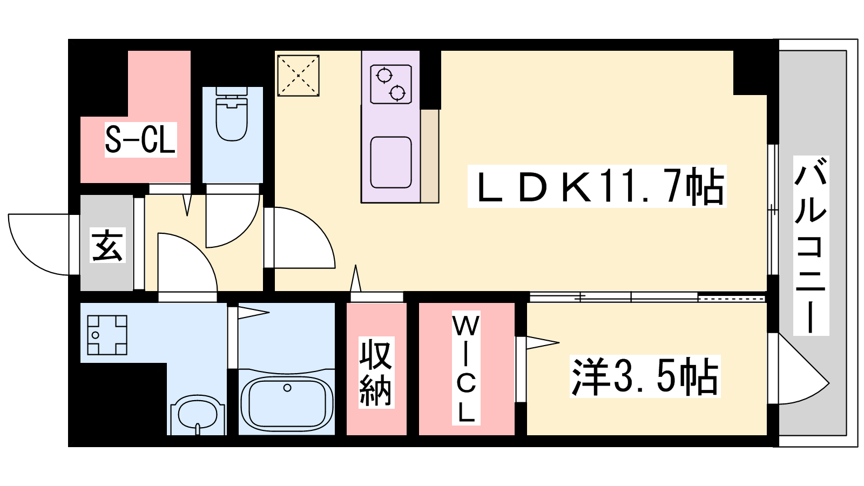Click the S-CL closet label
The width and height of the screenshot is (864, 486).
(x=140, y=140)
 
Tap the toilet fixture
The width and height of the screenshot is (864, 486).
(x=232, y=114)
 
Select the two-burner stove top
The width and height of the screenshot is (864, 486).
(x=391, y=84)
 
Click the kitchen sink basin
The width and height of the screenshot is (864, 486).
(x=391, y=163)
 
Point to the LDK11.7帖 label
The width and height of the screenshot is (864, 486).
(x=597, y=186)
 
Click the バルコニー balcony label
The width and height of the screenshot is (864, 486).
(x=811, y=245)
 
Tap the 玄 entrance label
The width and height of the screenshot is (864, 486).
(x=107, y=245)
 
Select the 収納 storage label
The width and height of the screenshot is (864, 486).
(x=376, y=373)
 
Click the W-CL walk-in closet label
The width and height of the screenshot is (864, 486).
(x=466, y=368)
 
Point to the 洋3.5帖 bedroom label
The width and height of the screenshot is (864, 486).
(x=645, y=376)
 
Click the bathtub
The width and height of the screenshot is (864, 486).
(x=287, y=403)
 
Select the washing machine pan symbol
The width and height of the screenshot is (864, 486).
(x=107, y=335)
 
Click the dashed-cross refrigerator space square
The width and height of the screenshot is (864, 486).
(x=298, y=76)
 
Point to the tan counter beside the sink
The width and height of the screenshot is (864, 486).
(x=429, y=156)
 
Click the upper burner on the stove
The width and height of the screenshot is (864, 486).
(x=384, y=75)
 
